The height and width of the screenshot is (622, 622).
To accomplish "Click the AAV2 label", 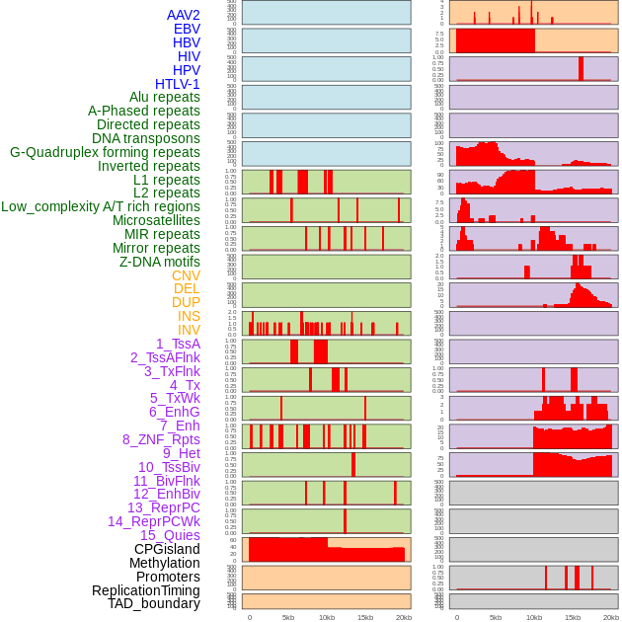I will [184, 15].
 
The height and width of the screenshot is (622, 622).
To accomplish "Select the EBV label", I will [187, 29].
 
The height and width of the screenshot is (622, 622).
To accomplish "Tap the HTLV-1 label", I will [178, 84].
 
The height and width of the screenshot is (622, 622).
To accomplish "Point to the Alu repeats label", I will [165, 97].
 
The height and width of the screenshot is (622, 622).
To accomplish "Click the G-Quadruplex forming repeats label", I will [105, 152].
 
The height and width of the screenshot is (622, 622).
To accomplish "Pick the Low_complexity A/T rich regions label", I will [101, 206].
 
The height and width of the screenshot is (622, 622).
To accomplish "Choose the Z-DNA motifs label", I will [160, 262].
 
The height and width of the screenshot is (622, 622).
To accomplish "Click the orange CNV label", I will [186, 275].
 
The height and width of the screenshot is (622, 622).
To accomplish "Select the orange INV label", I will [189, 330].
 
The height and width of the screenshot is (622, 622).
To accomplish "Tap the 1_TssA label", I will [178, 344].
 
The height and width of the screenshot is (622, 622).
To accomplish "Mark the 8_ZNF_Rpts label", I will [161, 439].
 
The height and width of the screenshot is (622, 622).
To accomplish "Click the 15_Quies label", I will [170, 535].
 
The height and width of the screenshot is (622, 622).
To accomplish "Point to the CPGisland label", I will [167, 549].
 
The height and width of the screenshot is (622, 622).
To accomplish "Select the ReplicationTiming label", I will [145, 590].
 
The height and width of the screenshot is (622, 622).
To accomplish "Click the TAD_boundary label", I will [154, 603].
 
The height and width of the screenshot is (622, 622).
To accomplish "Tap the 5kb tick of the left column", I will [288, 617].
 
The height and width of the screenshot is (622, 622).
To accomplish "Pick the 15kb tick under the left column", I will [365, 617].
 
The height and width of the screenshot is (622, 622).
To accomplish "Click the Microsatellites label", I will [156, 220].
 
